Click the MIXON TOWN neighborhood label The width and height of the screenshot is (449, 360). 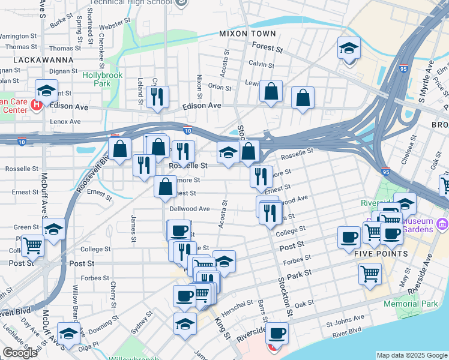point(247,34)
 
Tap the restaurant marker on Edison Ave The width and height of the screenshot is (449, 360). point(157,97)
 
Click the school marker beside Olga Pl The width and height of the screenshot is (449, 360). point(68,333)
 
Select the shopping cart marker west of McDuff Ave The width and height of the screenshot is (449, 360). point(32,245)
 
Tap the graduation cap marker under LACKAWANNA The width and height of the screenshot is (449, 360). point(46,91)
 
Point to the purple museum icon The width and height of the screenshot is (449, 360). point(443,224)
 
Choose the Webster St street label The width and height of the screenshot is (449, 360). point(114,26)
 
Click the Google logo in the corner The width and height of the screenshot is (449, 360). point(20,353)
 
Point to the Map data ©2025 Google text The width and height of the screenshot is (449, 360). point(412,355)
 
